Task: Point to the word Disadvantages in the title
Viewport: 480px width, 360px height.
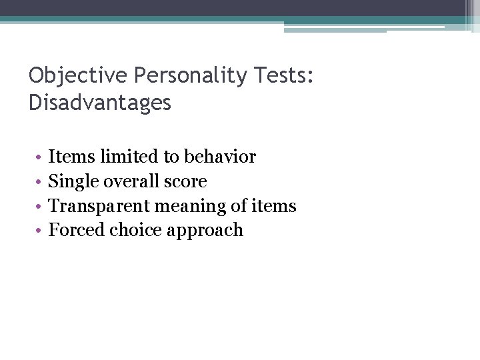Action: click(x=100, y=103)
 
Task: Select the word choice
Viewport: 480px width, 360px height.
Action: click(x=132, y=231)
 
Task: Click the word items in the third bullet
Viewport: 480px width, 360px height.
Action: click(x=274, y=206)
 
